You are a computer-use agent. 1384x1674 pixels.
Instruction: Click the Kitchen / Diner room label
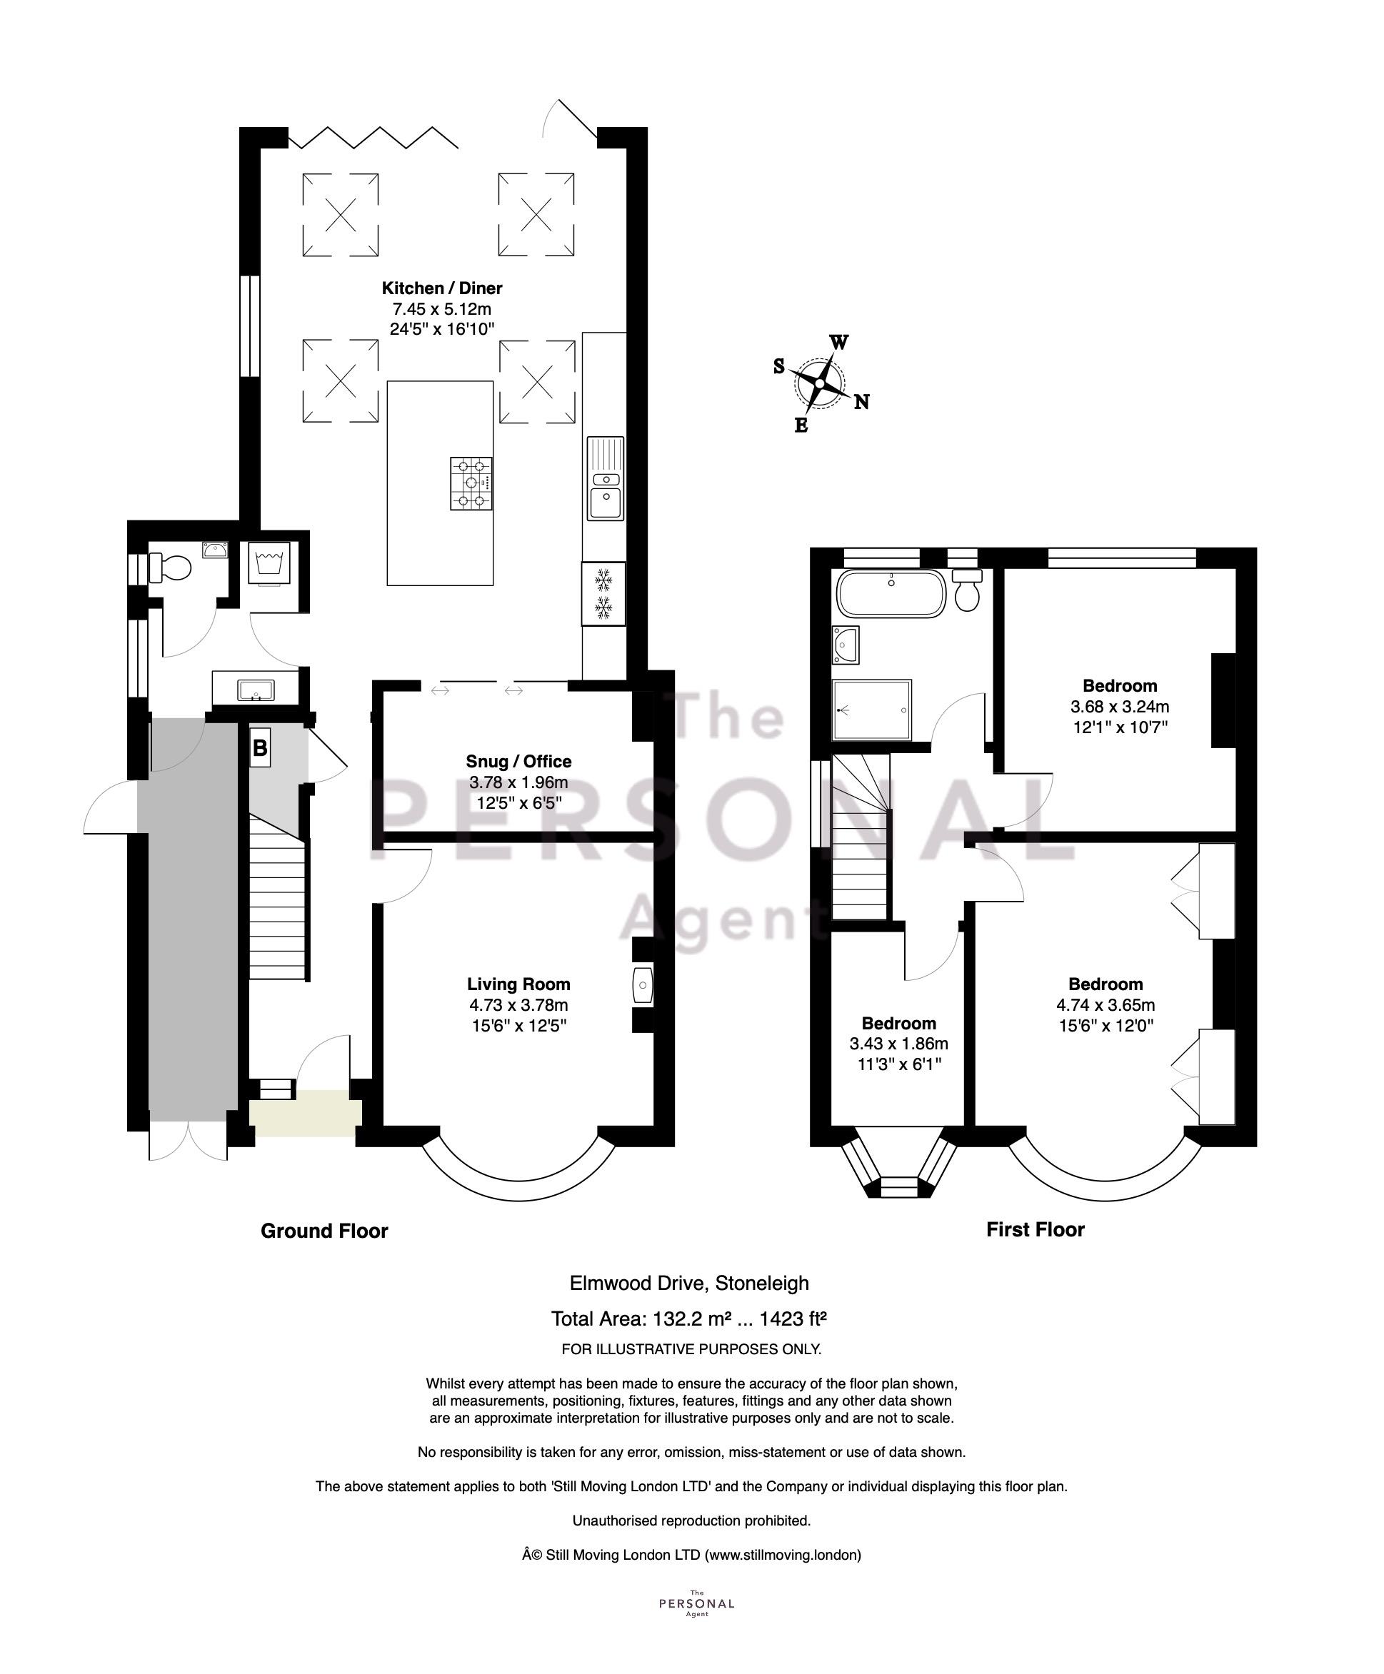point(441,288)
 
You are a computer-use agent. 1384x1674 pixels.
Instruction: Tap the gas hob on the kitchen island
point(471,483)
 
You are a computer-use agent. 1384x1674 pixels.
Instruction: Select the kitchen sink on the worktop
point(606,478)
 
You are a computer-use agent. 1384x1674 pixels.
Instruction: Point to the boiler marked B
point(260,748)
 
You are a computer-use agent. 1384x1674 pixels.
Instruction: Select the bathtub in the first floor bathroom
point(891,594)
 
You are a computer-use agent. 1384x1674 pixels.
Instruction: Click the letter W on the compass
point(838,343)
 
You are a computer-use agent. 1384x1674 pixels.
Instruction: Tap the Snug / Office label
point(519,762)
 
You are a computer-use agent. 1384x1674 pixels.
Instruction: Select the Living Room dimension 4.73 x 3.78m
point(519,1006)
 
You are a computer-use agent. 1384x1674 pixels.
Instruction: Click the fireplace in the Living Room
point(643,986)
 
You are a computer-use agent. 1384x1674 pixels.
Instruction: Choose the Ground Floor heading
point(324,1231)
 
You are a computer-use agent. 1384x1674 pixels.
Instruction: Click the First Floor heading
point(1036,1230)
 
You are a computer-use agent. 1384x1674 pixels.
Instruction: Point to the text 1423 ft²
point(793,1318)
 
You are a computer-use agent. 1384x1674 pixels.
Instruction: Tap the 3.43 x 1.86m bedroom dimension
point(899,1044)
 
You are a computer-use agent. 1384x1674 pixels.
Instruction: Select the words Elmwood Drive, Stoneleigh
point(690,1284)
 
